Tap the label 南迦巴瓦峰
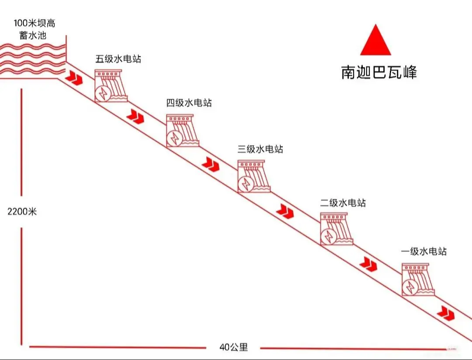(379, 73)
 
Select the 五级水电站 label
(118, 59)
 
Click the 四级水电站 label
(189, 103)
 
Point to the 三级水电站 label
(260, 149)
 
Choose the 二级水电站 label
(343, 203)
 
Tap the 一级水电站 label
(424, 251)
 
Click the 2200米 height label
(22, 211)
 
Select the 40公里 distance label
(233, 347)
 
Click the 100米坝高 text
(35, 23)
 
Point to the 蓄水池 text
(33, 35)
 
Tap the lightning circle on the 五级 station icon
(103, 93)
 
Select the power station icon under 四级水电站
(182, 130)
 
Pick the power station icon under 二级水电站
(336, 229)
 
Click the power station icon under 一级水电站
(418, 279)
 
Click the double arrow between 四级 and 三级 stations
(210, 164)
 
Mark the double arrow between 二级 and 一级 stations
(368, 264)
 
